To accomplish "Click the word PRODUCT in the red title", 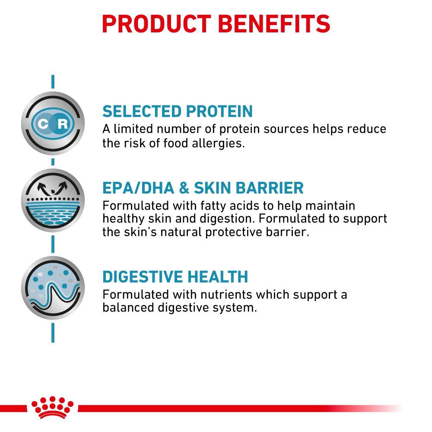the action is pos(156,24).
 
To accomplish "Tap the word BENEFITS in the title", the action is pos(274,24).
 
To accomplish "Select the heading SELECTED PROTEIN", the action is pos(178,111).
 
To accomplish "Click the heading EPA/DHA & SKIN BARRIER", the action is pos(203,188).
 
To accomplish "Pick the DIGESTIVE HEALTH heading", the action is pos(175,276).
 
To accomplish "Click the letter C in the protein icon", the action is pos(43,124).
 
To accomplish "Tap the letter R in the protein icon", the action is pos(63,124).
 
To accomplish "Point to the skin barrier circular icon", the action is pos(53,200).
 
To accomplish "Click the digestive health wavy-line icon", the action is pos(53,288).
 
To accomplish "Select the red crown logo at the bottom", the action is pos(52,407).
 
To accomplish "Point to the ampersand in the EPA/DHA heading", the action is pos(184,188).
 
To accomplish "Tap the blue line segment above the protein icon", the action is pos(53,82).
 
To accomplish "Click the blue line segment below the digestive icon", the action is pos(53,333).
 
